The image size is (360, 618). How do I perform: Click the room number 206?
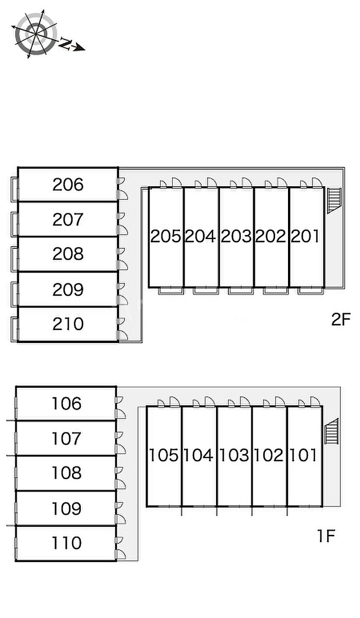(x=67, y=184)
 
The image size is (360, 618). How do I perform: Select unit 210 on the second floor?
(x=67, y=324)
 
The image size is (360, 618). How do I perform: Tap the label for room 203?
(x=236, y=236)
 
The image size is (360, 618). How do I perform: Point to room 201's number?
(x=305, y=236)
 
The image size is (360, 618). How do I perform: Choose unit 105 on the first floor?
(x=164, y=455)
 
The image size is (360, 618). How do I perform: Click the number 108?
(x=66, y=473)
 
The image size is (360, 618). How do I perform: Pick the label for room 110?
(x=66, y=543)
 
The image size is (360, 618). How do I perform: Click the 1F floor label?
(x=326, y=537)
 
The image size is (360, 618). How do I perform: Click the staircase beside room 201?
(x=334, y=200)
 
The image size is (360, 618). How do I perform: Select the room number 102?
(x=268, y=455)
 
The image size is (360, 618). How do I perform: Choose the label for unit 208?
(x=67, y=254)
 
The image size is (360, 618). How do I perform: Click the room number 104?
(x=199, y=455)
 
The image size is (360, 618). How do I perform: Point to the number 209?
(x=67, y=289)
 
